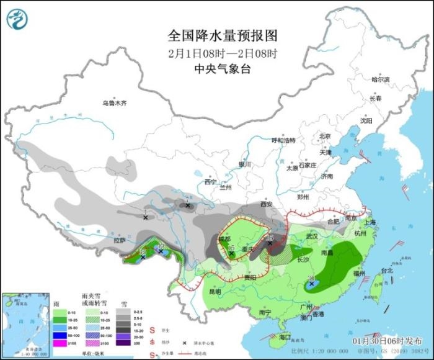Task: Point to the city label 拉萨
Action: pos(119,240)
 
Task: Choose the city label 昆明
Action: pos(215,291)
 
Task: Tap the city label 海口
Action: pos(285,337)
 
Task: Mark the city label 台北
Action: pos(386,271)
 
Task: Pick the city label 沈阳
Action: pos(366,121)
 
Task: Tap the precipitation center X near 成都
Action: pos(231,253)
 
